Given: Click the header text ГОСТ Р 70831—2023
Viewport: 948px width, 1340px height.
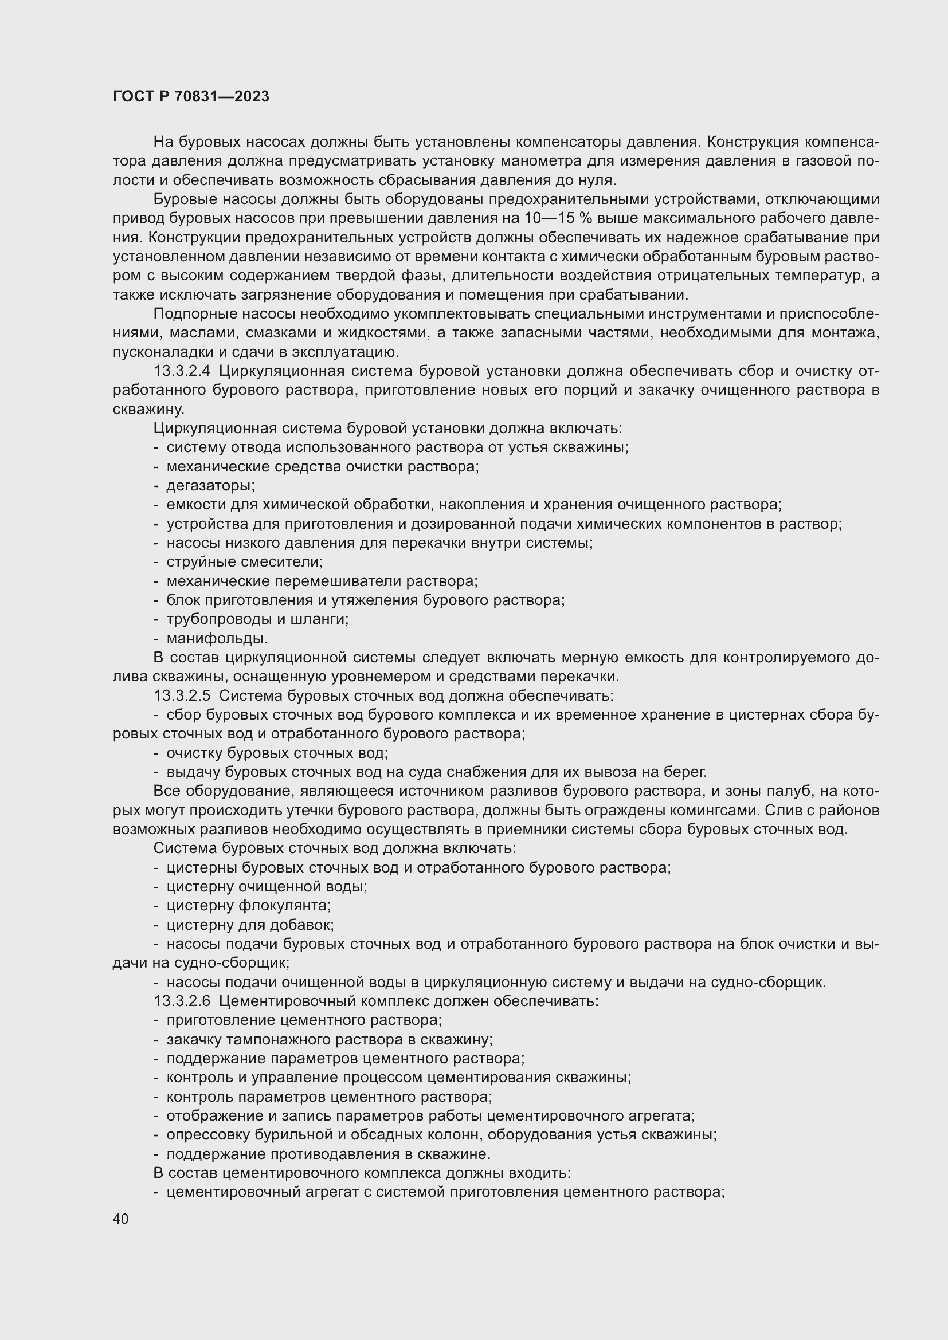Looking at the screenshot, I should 191,96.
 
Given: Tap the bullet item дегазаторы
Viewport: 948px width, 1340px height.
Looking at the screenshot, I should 211,486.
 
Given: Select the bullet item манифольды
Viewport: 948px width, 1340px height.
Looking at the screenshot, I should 217,638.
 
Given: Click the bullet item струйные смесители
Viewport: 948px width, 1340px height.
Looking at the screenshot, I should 245,562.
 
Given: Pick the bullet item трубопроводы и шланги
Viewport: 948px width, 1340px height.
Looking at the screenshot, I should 257,619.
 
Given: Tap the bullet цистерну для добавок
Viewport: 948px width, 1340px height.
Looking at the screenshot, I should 250,925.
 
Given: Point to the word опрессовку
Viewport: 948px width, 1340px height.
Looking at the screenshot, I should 202,1134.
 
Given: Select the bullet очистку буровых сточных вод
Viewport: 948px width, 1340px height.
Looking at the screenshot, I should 277,753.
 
